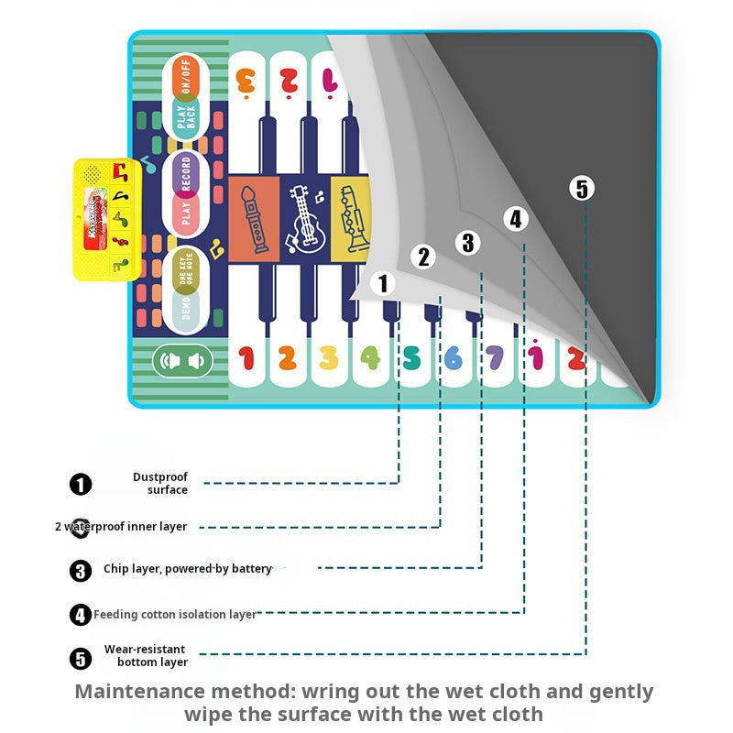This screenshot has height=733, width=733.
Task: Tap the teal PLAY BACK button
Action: (186, 117)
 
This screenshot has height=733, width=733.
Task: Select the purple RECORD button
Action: (186, 174)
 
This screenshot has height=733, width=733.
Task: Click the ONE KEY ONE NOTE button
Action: (186, 268)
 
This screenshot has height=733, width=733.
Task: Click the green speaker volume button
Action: (182, 361)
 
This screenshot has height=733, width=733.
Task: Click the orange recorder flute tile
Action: (253, 217)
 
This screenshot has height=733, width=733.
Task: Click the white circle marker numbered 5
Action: (582, 190)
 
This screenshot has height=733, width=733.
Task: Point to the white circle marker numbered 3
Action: (468, 243)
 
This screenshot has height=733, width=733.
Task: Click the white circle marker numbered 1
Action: (384, 284)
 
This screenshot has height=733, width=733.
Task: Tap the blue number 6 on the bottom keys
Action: (454, 358)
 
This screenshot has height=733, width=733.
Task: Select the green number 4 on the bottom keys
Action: (370, 358)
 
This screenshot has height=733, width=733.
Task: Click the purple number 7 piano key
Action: (495, 358)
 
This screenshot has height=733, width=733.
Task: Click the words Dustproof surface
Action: (160, 483)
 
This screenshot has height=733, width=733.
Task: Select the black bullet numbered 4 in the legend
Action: (81, 615)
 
